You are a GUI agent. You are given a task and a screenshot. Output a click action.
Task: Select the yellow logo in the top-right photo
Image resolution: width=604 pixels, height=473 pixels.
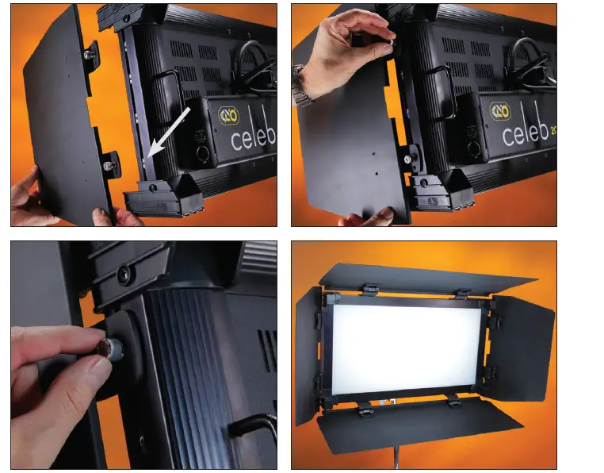pos(500,111)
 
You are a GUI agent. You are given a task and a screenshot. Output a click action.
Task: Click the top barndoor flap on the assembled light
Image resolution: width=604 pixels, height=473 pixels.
pos(428,278)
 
